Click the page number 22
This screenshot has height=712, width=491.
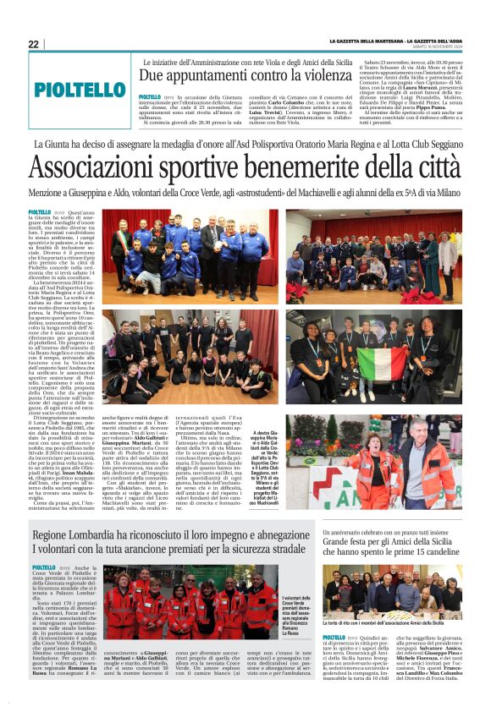tap(33, 44)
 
